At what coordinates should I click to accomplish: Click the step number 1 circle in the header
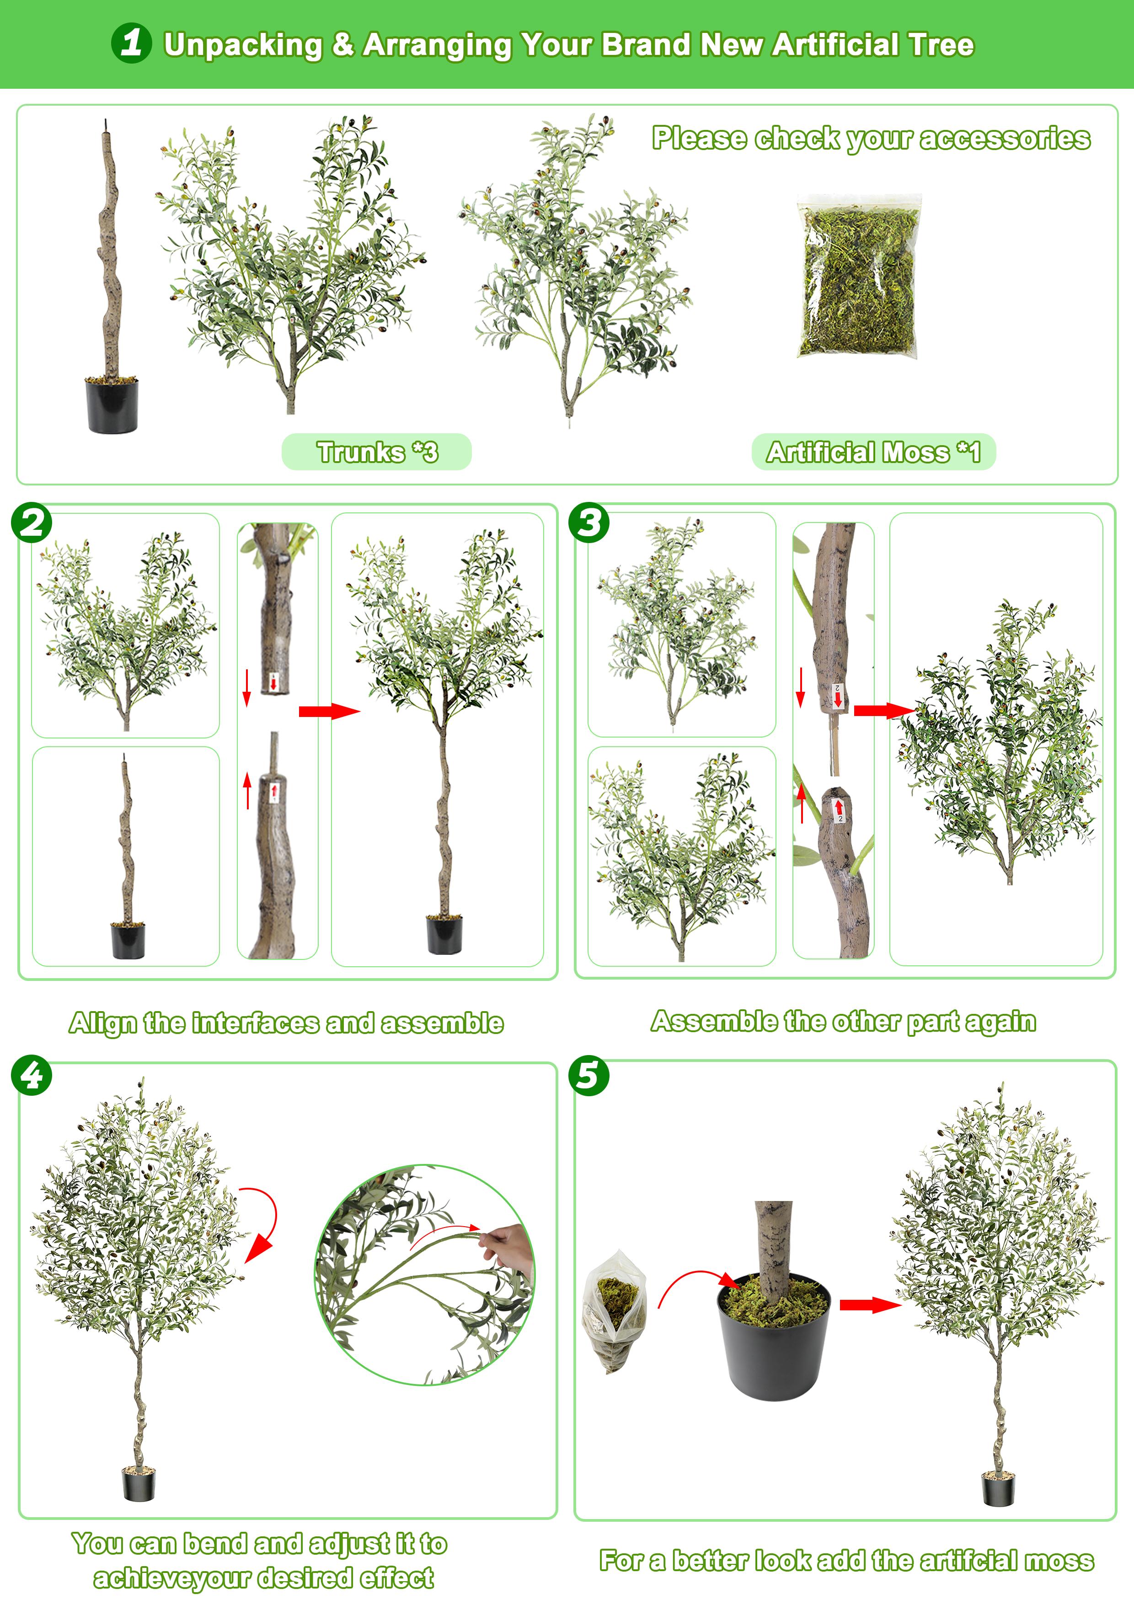tap(131, 43)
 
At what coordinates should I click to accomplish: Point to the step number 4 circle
tap(32, 1075)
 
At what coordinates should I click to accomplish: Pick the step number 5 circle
tap(589, 1075)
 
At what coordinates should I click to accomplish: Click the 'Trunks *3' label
tap(377, 452)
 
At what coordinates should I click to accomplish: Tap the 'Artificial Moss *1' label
tap(873, 452)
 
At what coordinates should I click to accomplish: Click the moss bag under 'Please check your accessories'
tap(859, 277)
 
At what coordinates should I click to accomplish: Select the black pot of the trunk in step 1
tap(112, 405)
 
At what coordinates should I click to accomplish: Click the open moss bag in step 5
tap(615, 1311)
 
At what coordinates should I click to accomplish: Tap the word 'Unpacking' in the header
tap(243, 45)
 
